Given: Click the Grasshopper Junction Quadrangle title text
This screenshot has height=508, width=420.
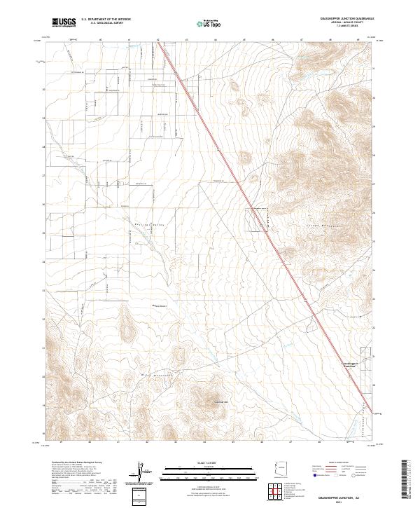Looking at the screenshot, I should (x=346, y=19).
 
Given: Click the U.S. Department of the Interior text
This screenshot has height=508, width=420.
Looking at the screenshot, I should (x=106, y=19).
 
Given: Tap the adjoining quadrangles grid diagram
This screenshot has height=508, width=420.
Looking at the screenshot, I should (x=278, y=491).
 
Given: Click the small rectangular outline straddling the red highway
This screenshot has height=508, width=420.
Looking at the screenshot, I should (x=260, y=218).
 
